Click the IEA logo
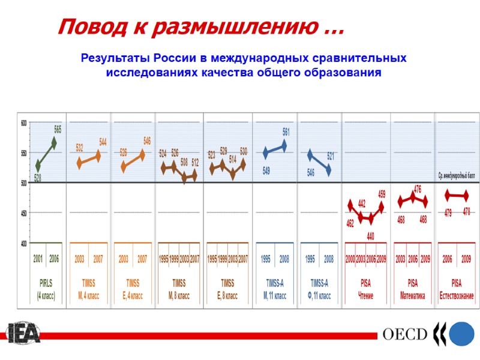tap(23, 334)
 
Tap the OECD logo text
tap(405, 334)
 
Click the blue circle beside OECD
tap(462, 334)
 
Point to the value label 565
tap(58, 130)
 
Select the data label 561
tap(286, 132)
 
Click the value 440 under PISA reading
tap(370, 236)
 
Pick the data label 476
tap(417, 190)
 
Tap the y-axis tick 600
tap(25, 123)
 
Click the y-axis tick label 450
tap(25, 213)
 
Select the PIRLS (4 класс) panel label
tap(46, 289)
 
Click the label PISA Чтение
tap(365, 289)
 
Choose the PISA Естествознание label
tap(457, 289)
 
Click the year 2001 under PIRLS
tap(38, 259)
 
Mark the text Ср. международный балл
tap(457, 176)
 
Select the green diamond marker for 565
tap(54, 143)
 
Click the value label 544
tap(103, 142)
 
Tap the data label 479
tap(448, 213)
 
